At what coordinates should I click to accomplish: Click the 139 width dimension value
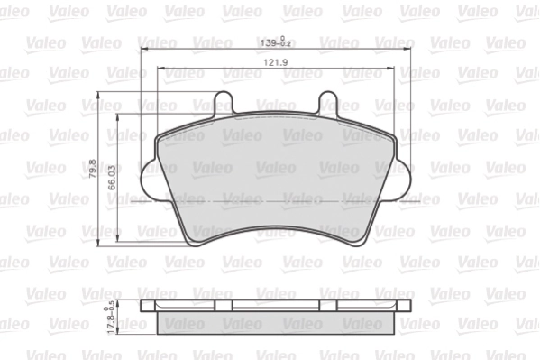click(x=268, y=42)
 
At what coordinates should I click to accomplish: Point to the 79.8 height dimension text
click(x=92, y=168)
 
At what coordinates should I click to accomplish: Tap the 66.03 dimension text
click(x=112, y=176)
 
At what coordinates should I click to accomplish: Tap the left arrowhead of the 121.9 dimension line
click(x=160, y=68)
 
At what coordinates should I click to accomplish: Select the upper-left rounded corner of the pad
click(x=160, y=138)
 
